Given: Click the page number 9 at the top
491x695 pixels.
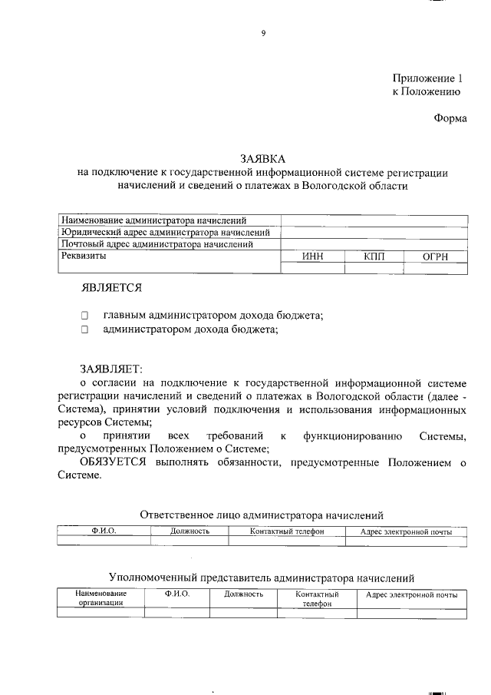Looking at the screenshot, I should tap(262, 31).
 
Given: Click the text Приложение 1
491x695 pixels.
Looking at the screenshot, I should tap(429, 78).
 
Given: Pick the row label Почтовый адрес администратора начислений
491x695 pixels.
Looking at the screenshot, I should tap(157, 244).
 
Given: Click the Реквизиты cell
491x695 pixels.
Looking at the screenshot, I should tap(84, 256).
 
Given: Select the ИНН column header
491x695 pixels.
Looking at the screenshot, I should tap(313, 256).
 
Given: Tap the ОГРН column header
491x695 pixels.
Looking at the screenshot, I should tap(435, 256).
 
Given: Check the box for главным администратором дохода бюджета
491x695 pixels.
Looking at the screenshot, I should tap(85, 316).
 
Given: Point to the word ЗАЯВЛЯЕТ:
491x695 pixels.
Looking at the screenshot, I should tap(112, 369).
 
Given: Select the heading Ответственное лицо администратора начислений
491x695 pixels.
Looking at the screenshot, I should tap(262, 515).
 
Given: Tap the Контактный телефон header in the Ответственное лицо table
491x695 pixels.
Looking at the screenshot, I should tap(287, 531).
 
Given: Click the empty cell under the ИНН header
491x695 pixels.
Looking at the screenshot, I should tap(313, 268).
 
